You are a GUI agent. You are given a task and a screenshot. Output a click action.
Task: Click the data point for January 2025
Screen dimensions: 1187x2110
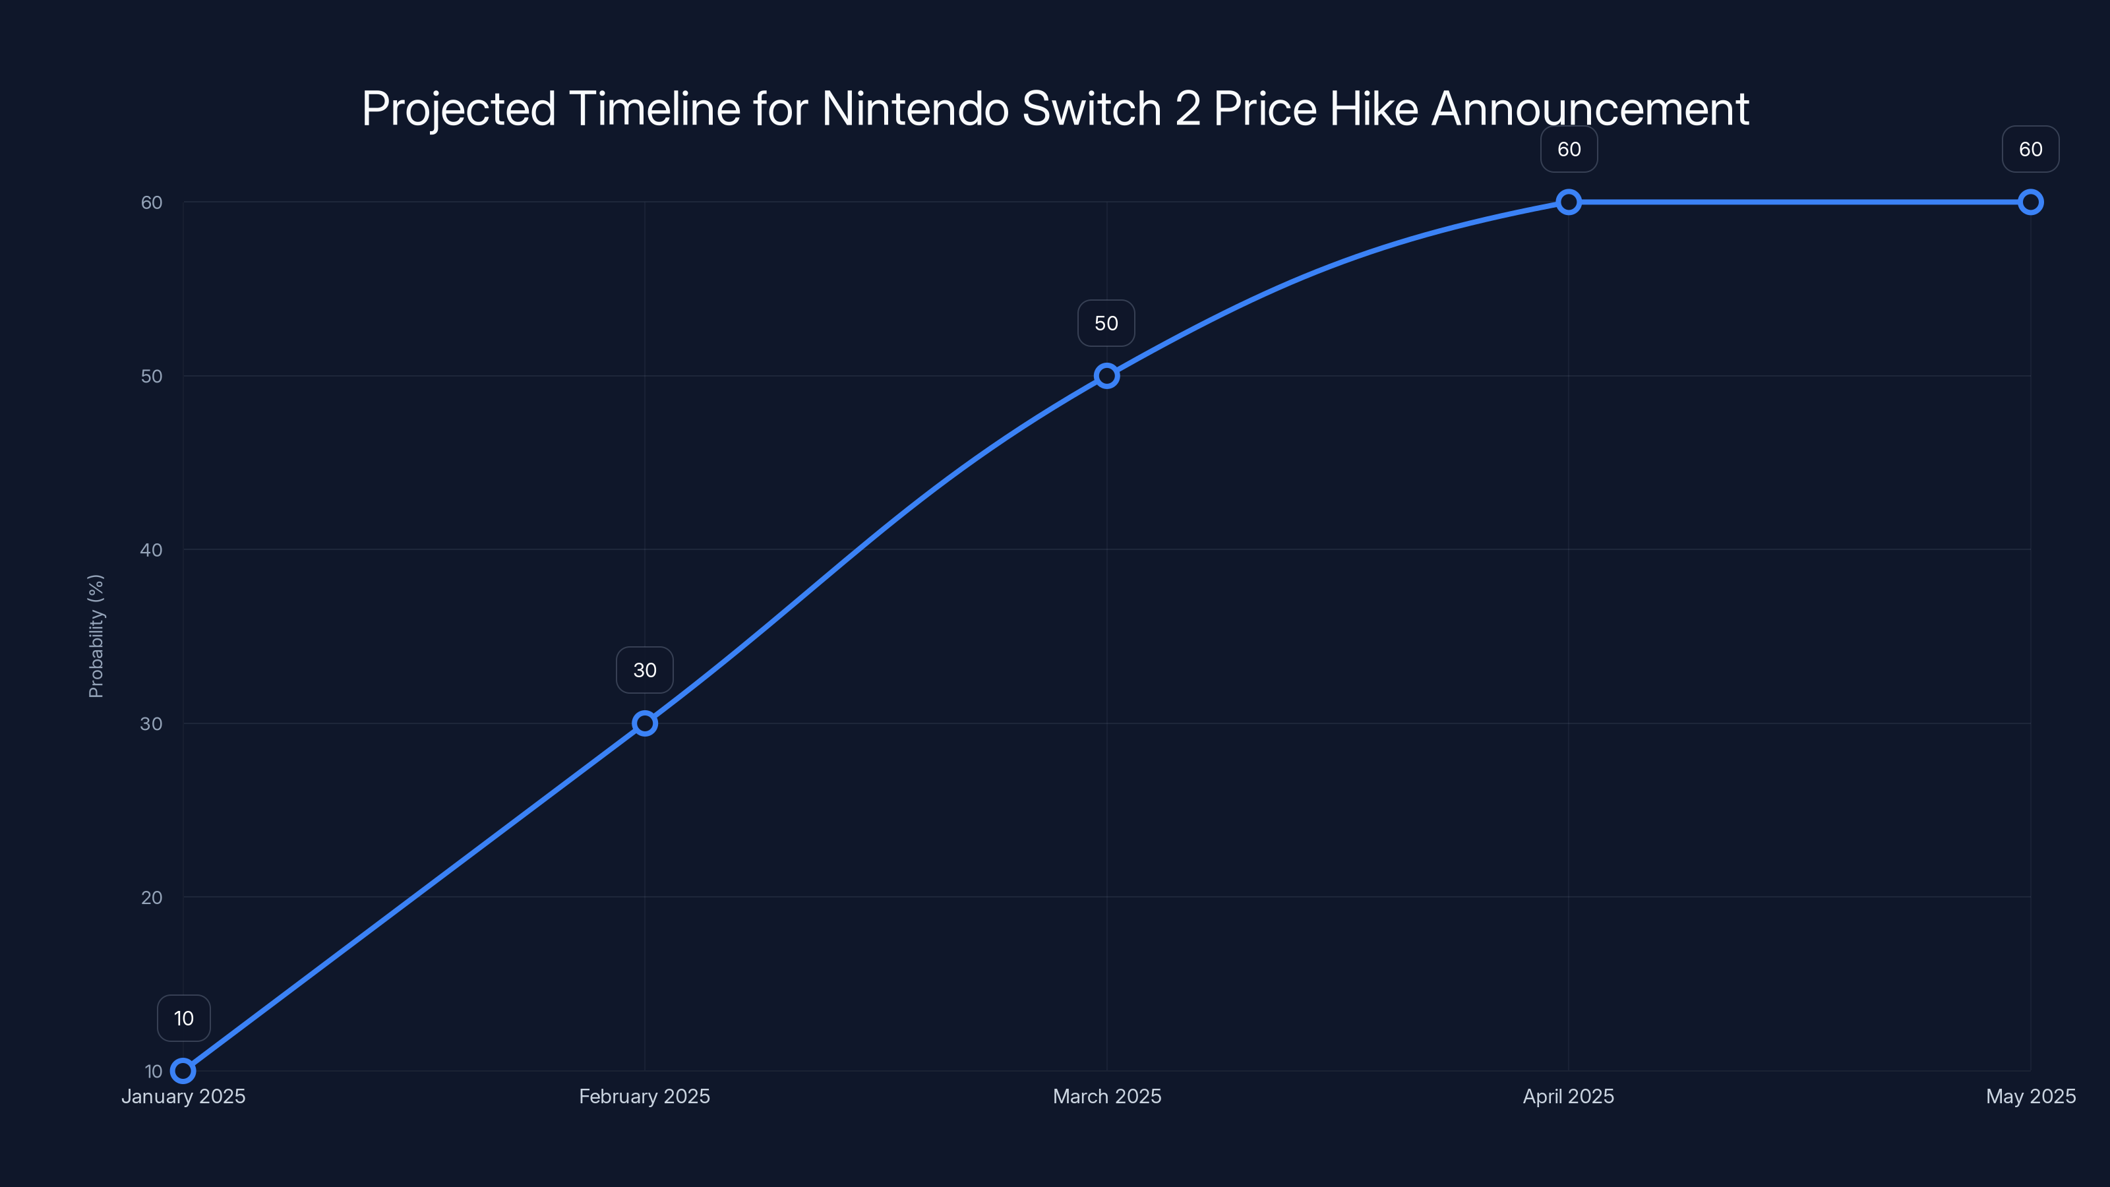pyautogui.click(x=183, y=1071)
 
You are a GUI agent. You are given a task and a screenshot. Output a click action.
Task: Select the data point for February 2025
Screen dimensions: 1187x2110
pyautogui.click(x=645, y=723)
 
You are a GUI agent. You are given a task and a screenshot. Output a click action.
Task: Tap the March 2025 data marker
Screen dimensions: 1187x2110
pyautogui.click(x=1106, y=376)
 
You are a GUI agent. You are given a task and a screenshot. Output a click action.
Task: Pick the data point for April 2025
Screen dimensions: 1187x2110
pyautogui.click(x=1569, y=202)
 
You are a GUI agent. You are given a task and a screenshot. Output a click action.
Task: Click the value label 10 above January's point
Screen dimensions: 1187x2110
pyautogui.click(x=183, y=1018)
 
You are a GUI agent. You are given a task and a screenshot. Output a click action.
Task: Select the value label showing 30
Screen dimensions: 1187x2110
pyautogui.click(x=645, y=670)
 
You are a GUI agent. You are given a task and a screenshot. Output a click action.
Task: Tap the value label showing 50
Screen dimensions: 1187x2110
pyautogui.click(x=1106, y=324)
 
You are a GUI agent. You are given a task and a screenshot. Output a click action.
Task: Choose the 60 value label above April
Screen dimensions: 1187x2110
pyautogui.click(x=1569, y=149)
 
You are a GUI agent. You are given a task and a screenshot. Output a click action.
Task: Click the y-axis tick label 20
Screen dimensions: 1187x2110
pyautogui.click(x=152, y=897)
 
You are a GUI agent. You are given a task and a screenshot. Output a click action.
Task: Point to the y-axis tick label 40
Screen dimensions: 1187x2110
pyautogui.click(x=152, y=550)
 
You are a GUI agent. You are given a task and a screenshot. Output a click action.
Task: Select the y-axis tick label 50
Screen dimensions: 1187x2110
pyautogui.click(x=152, y=376)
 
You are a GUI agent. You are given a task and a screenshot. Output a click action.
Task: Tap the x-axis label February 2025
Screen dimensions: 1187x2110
pyautogui.click(x=645, y=1096)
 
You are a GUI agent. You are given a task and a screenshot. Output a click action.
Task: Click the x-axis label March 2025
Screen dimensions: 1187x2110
pyautogui.click(x=1106, y=1096)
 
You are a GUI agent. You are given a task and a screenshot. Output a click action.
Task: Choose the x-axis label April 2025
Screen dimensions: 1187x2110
pyautogui.click(x=1569, y=1096)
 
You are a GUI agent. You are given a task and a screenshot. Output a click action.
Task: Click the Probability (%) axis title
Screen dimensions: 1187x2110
pyautogui.click(x=96, y=636)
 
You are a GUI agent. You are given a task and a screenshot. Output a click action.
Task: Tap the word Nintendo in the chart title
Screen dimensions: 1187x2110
pyautogui.click(x=914, y=109)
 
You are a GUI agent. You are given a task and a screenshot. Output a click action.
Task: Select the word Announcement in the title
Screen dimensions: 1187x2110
pyautogui.click(x=1590, y=109)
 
